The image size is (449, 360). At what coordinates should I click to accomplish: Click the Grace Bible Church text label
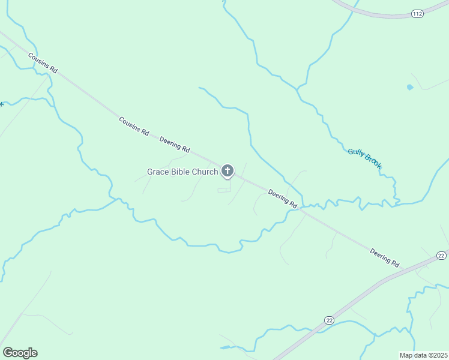[182, 172]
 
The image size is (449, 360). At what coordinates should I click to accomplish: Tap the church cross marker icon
[228, 171]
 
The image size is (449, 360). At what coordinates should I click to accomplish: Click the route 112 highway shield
[417, 13]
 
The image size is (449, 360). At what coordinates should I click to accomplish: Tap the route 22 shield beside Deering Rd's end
[441, 256]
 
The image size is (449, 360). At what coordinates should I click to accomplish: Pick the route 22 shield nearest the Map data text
[329, 320]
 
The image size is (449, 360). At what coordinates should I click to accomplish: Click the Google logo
[20, 353]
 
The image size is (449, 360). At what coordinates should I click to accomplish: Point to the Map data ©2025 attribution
[423, 355]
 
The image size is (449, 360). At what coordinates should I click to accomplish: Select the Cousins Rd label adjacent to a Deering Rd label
[133, 126]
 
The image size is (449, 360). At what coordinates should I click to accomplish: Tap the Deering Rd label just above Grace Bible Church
[175, 145]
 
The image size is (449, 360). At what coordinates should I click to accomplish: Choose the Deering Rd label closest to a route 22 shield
[384, 257]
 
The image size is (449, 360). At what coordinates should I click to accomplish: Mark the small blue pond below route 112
[410, 87]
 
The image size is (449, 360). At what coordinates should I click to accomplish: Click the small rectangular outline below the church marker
[223, 190]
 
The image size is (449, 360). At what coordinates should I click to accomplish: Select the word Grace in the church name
[157, 172]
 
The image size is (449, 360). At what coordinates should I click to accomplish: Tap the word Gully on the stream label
[356, 153]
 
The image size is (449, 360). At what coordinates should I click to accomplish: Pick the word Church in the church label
[205, 172]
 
